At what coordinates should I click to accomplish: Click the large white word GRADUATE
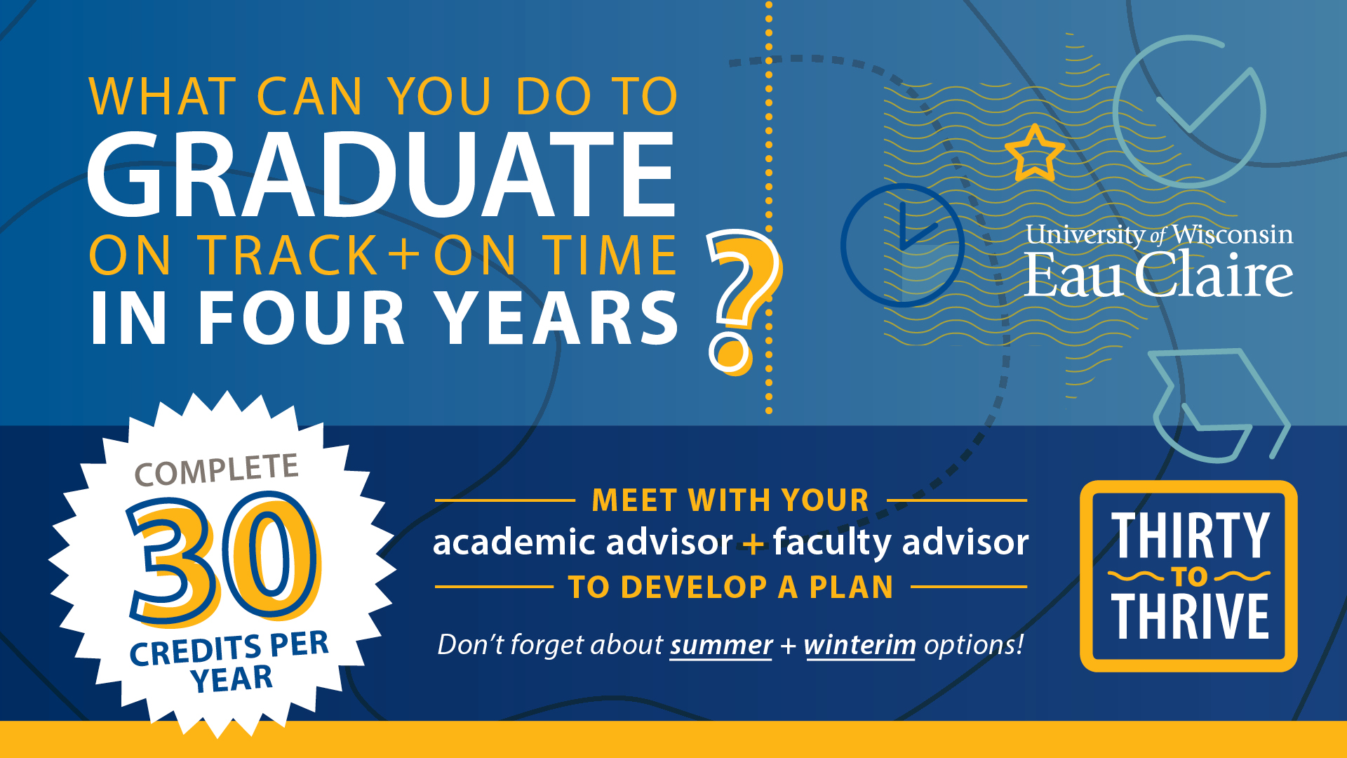click(381, 175)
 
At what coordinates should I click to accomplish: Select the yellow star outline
click(1035, 153)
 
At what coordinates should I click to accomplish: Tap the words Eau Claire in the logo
click(1158, 275)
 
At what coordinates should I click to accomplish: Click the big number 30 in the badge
click(223, 558)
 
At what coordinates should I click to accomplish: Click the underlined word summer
click(721, 644)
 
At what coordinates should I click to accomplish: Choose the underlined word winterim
click(860, 644)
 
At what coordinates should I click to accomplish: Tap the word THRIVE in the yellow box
click(1190, 616)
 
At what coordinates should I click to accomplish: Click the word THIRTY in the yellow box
click(1191, 535)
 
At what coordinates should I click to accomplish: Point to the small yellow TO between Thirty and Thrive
click(1189, 577)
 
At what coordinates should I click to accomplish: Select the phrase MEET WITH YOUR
click(730, 500)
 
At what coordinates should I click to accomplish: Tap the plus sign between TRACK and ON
click(406, 254)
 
